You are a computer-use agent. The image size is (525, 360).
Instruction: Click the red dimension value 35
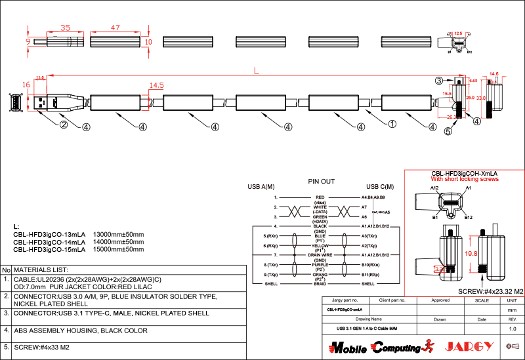click(66, 28)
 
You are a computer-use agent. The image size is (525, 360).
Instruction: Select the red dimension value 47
click(115, 28)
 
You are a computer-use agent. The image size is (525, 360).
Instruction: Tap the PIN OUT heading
click(321, 181)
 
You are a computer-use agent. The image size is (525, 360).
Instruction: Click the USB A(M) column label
click(261, 187)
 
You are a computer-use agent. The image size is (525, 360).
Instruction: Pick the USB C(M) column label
click(380, 187)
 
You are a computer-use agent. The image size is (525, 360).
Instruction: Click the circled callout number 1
click(392, 123)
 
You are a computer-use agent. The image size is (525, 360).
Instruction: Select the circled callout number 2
click(64, 125)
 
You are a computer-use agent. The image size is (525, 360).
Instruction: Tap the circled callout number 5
click(448, 131)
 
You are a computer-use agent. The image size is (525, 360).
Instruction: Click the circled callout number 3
click(439, 81)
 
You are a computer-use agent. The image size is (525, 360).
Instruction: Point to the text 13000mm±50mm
click(119, 234)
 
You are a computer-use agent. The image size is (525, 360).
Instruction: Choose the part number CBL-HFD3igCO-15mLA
click(49, 250)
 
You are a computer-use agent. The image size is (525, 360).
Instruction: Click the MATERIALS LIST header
click(41, 270)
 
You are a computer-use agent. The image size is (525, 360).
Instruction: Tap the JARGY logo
click(467, 346)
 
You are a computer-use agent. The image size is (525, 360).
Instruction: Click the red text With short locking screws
click(465, 179)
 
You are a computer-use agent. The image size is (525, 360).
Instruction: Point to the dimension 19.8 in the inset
click(470, 252)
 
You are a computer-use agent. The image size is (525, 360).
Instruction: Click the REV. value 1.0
click(513, 328)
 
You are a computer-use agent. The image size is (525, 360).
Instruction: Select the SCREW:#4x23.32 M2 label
click(490, 291)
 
